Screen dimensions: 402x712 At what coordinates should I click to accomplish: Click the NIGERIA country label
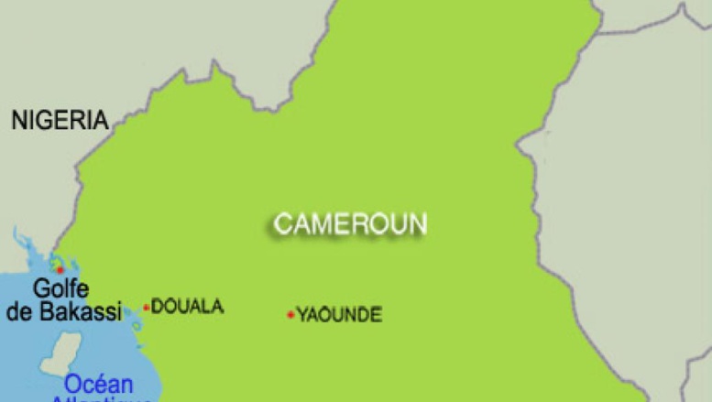[x=60, y=119]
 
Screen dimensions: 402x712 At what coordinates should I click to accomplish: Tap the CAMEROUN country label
[x=350, y=223]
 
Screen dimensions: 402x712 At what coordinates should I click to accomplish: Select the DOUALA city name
[x=187, y=307]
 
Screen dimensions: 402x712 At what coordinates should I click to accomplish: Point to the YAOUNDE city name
[x=339, y=316]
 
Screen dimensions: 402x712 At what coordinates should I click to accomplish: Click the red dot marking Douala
[x=146, y=308]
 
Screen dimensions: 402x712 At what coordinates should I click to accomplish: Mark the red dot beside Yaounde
[x=290, y=315]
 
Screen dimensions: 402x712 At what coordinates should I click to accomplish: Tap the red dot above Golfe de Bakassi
[x=60, y=269]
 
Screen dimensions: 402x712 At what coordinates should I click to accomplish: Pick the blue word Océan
[x=98, y=385]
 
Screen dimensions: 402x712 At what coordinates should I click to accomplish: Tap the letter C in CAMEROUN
[x=282, y=223]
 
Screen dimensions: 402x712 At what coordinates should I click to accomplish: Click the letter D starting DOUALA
[x=157, y=307]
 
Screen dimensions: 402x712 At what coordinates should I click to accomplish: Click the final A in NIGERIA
[x=100, y=119]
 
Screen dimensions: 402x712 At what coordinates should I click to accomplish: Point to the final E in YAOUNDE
[x=376, y=316]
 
